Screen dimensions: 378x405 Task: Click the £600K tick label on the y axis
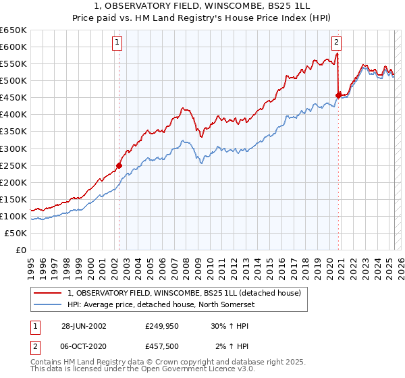click(13, 47)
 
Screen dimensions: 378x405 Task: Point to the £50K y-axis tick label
click(16, 233)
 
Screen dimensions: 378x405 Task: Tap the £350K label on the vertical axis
click(13, 132)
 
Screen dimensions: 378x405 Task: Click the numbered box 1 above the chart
click(117, 42)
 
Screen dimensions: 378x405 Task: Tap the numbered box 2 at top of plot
click(336, 42)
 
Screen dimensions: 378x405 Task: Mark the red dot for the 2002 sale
click(119, 165)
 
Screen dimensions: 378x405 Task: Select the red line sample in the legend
click(48, 292)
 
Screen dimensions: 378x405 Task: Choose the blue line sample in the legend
click(48, 304)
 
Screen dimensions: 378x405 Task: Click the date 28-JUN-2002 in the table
click(84, 326)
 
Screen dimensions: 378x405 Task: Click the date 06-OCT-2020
click(84, 346)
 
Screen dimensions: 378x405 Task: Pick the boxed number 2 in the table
click(35, 346)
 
